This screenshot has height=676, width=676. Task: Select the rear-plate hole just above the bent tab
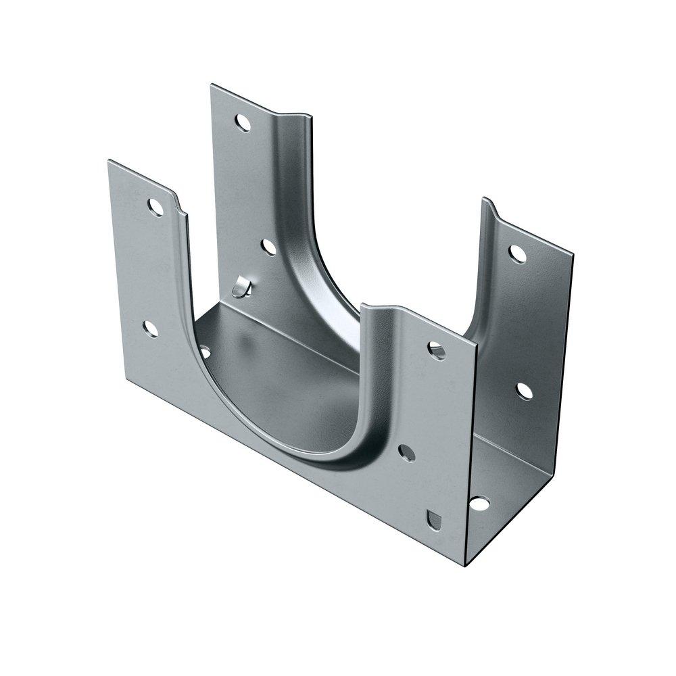(x=269, y=247)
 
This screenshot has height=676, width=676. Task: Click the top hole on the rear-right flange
(x=517, y=254)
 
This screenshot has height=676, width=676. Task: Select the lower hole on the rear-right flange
(x=524, y=391)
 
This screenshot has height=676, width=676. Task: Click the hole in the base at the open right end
(x=479, y=504)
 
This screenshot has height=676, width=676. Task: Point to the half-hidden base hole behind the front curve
(x=204, y=352)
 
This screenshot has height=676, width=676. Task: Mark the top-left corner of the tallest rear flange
(x=212, y=85)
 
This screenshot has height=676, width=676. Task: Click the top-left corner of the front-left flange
(x=109, y=161)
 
